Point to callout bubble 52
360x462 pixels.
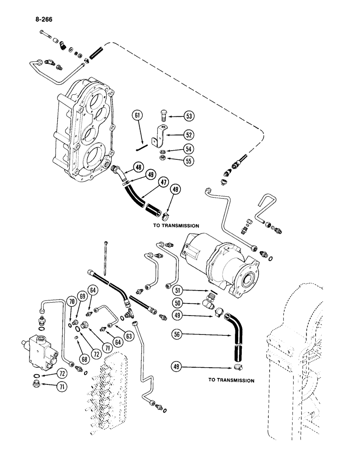tap(188, 134)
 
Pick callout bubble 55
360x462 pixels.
tap(188, 162)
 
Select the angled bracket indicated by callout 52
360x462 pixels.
tap(162, 136)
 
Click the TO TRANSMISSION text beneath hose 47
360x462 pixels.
tap(176, 226)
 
